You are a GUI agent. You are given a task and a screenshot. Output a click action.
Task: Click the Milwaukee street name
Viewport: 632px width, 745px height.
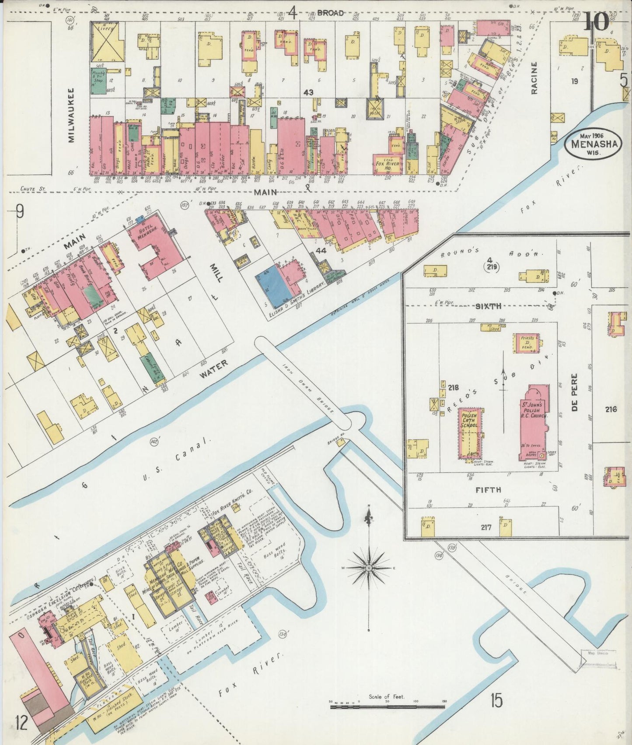tap(71, 115)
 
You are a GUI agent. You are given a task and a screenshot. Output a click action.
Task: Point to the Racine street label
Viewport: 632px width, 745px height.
tap(534, 77)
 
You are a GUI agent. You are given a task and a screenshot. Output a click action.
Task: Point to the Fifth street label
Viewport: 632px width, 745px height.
tap(488, 490)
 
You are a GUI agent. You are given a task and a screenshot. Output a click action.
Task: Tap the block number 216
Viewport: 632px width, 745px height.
tap(611, 409)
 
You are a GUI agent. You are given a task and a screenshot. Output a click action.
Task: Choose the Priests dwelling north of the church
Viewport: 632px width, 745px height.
tap(527, 343)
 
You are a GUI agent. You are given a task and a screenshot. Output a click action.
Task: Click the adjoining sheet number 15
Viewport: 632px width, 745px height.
tap(496, 700)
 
